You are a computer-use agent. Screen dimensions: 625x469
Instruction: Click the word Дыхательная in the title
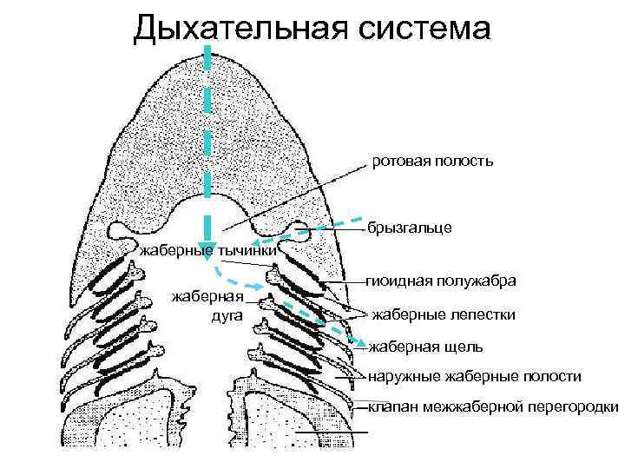230,29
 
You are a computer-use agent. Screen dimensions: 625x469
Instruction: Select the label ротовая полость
433,161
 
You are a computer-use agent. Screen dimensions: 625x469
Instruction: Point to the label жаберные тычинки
208,252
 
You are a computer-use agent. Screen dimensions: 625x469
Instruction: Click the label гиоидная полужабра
442,281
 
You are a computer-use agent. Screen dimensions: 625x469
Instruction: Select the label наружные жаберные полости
475,376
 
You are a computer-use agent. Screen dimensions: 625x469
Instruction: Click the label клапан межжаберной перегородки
493,406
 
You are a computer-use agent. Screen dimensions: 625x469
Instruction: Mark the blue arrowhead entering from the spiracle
258,245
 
